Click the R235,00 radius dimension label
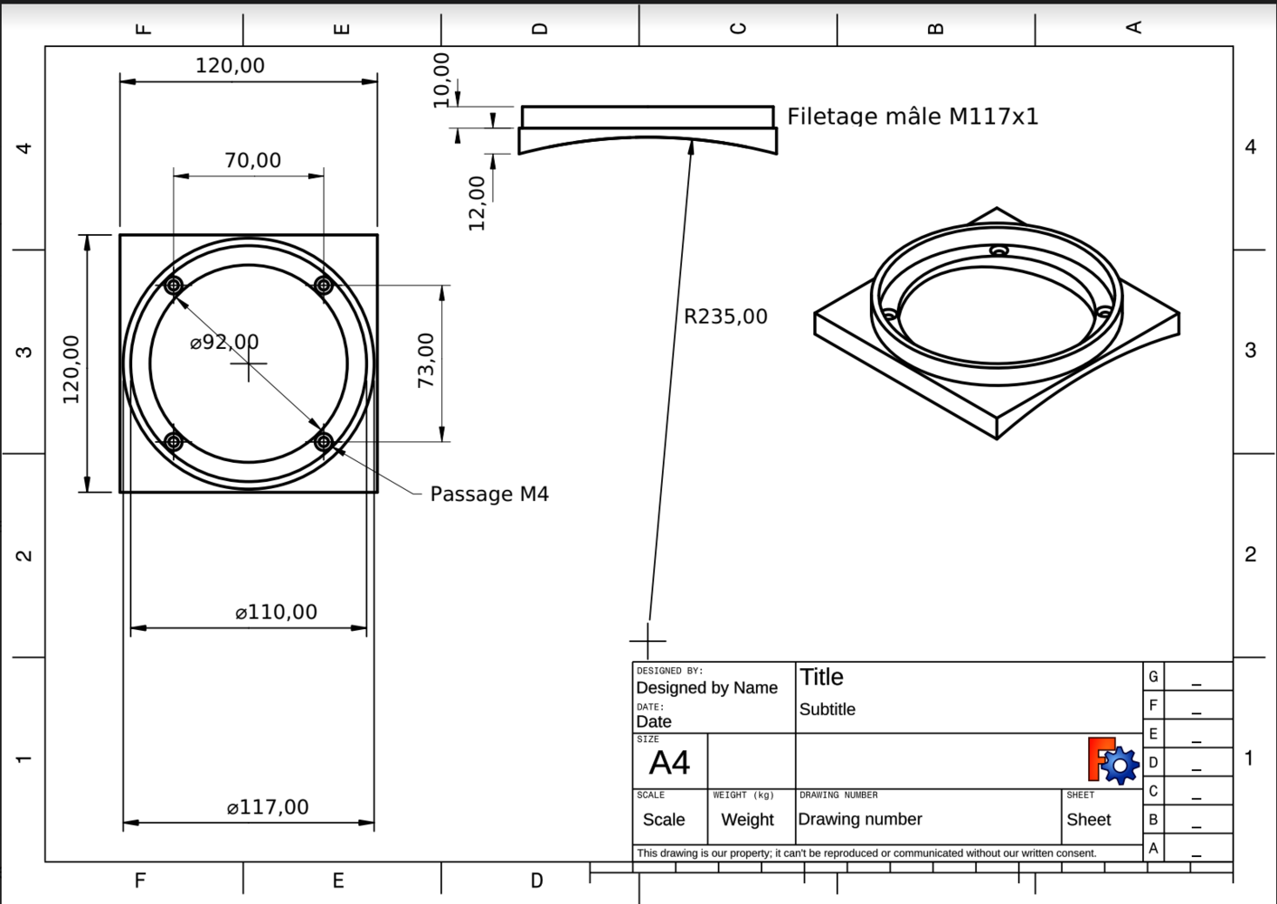coord(725,316)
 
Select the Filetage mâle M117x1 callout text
coord(912,117)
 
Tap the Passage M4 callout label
coord(488,494)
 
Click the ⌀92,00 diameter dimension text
coord(224,343)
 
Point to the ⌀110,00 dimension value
coord(276,613)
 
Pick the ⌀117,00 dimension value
coord(268,807)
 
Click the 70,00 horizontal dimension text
coord(252,161)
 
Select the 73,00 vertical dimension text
coord(426,360)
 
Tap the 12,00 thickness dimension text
coord(477,202)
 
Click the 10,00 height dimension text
coord(441,80)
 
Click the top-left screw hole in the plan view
coord(175,286)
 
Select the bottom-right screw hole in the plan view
coord(324,442)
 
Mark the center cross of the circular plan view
coord(249,364)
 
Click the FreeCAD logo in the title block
coord(1112,761)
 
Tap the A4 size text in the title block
coord(669,763)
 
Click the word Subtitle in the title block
coord(827,710)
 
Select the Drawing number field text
coord(859,819)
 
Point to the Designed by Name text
coord(706,688)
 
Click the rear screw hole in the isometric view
coord(998,250)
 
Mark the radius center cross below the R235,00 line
coord(648,641)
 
